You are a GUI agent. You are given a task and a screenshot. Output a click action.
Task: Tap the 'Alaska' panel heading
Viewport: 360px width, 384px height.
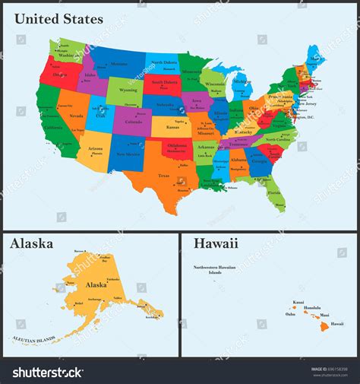[x=31, y=244]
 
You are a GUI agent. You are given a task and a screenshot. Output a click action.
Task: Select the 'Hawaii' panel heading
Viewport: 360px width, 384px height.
[x=216, y=244]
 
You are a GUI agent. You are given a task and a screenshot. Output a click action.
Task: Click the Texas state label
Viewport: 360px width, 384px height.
[x=163, y=176]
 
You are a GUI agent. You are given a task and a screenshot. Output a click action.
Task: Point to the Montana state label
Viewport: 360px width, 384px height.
[x=119, y=64]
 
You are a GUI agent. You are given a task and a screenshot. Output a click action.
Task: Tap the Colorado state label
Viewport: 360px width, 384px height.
[x=133, y=121]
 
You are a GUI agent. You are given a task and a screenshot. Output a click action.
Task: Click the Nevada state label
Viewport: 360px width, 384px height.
[x=76, y=116]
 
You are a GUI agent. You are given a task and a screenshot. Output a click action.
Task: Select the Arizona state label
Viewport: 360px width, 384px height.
[x=95, y=148]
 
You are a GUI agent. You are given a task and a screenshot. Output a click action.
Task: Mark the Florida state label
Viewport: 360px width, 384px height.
[x=274, y=193]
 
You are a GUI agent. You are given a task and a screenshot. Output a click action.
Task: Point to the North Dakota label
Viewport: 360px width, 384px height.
[x=163, y=62]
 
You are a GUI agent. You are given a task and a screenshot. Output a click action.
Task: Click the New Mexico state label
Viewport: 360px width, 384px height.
[x=127, y=154]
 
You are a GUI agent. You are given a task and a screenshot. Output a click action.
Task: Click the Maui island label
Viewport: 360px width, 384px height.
[x=324, y=314]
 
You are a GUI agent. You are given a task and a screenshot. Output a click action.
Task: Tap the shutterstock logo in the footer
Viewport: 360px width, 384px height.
[x=47, y=373]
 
